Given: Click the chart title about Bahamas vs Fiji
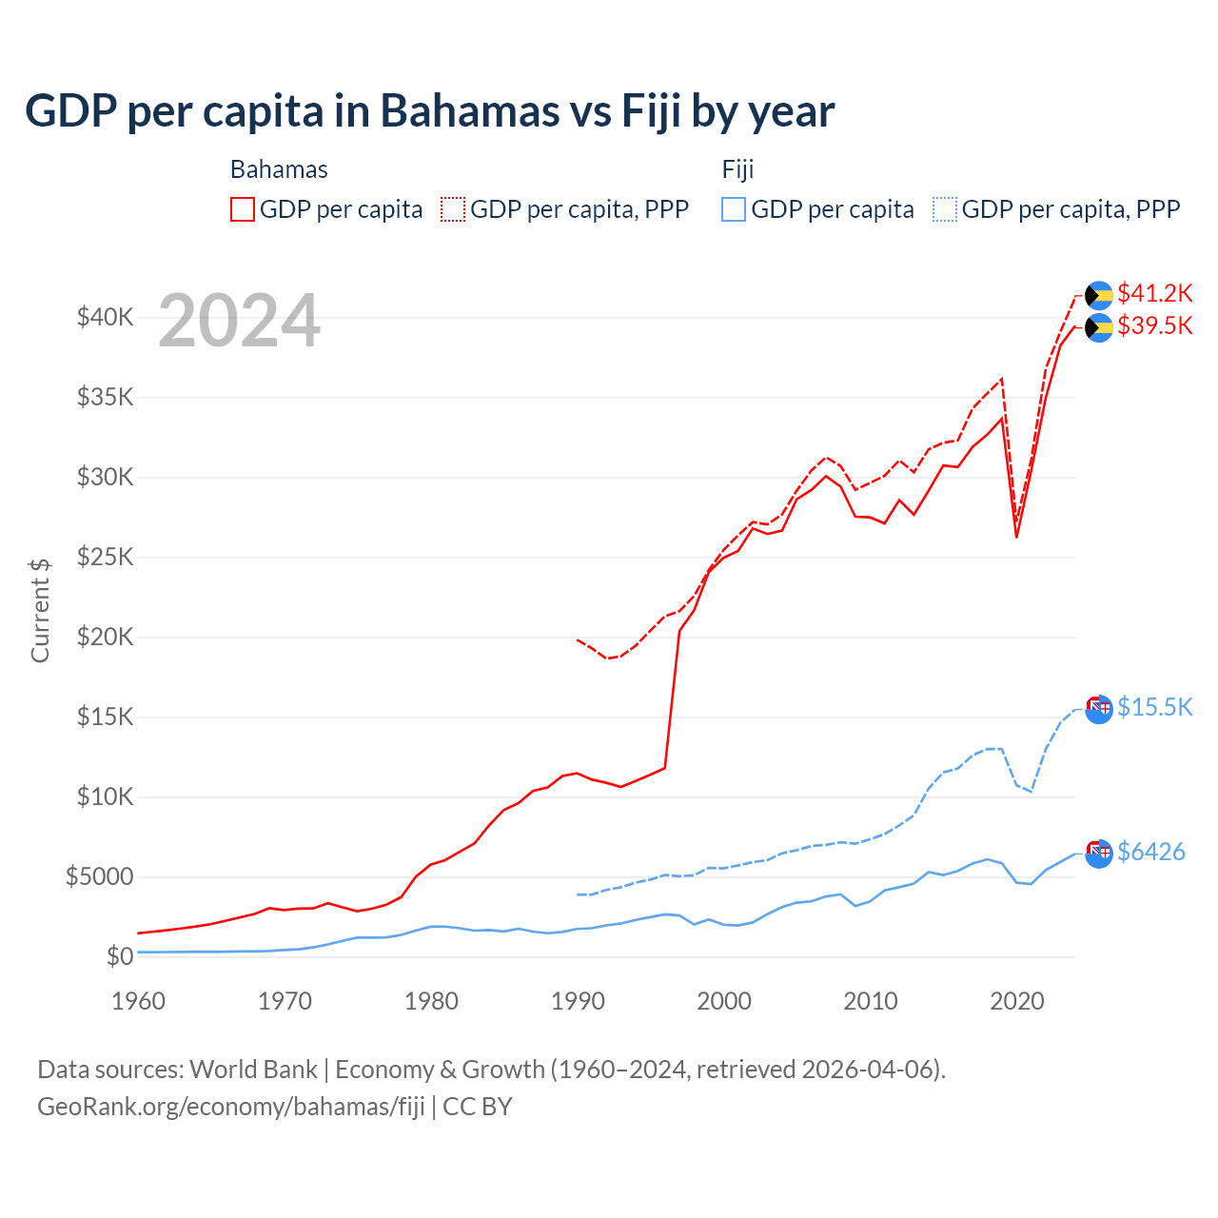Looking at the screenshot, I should [429, 111].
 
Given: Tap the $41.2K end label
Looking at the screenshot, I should [1154, 293].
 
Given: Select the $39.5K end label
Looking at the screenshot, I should [1154, 325].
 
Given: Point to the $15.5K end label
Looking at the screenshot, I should [1154, 707].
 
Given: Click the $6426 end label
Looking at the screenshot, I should [1150, 852].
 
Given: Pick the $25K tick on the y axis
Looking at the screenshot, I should [105, 557].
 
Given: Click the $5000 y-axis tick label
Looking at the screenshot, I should [99, 876].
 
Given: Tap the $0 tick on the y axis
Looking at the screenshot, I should [119, 956].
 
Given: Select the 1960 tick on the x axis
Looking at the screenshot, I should [138, 1001].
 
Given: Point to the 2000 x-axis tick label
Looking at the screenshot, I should [724, 1001].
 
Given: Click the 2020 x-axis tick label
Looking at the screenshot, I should [1017, 1001].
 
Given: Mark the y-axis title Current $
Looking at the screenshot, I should [40, 611].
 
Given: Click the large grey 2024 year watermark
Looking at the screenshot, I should [239, 322].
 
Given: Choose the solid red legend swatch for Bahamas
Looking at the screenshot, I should [243, 209].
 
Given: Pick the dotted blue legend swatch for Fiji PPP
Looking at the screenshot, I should [945, 209].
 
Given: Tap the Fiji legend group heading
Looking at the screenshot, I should [737, 169].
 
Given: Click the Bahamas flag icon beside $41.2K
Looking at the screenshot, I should [1099, 295].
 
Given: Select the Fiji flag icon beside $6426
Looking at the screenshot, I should [1099, 853].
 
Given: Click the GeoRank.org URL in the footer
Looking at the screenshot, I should [231, 1107].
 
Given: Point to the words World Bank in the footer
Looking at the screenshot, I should [253, 1070].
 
